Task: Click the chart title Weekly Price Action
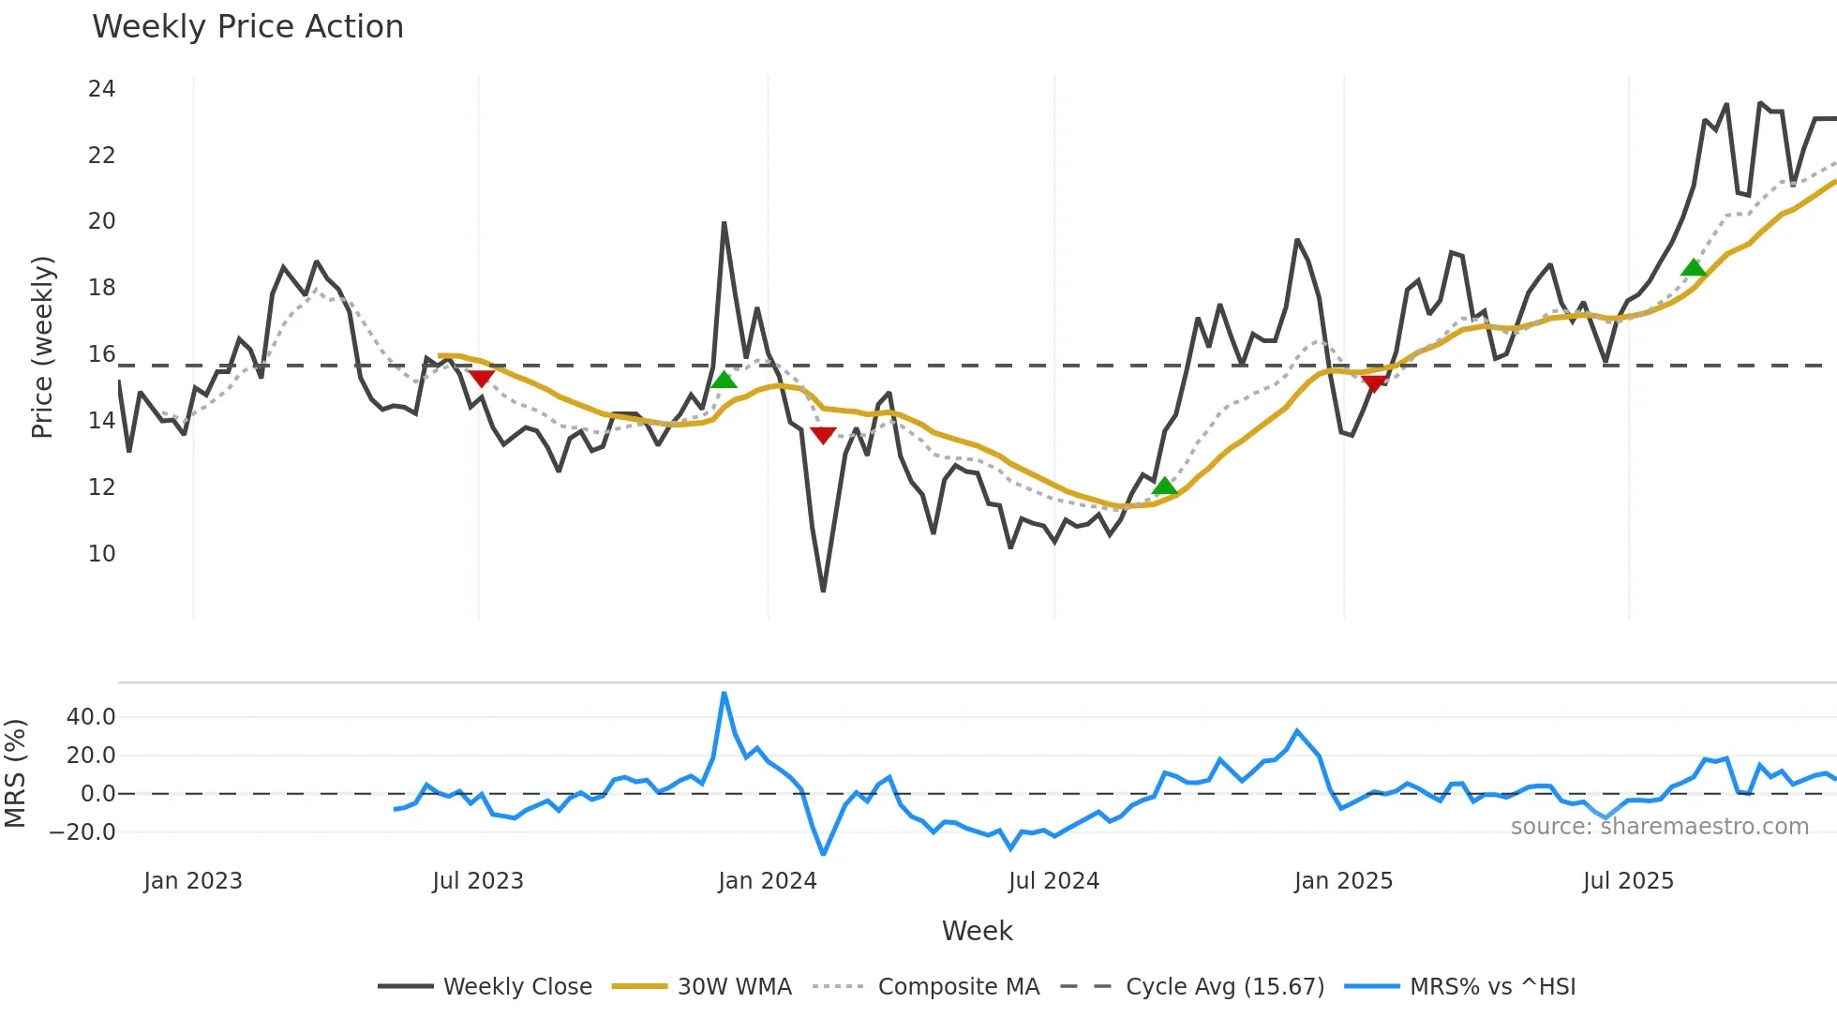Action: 247,27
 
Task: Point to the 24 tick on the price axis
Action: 102,89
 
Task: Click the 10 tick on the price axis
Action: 102,554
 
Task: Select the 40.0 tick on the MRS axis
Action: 91,717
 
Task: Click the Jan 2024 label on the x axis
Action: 768,881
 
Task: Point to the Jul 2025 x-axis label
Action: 1628,881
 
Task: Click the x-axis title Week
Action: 977,931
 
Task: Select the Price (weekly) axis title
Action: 43,347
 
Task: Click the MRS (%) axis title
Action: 15,773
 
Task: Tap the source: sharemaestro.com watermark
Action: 1659,827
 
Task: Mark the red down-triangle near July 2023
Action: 481,378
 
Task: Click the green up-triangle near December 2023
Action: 724,380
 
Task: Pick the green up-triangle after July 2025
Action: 1693,268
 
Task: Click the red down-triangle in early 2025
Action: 1374,382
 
